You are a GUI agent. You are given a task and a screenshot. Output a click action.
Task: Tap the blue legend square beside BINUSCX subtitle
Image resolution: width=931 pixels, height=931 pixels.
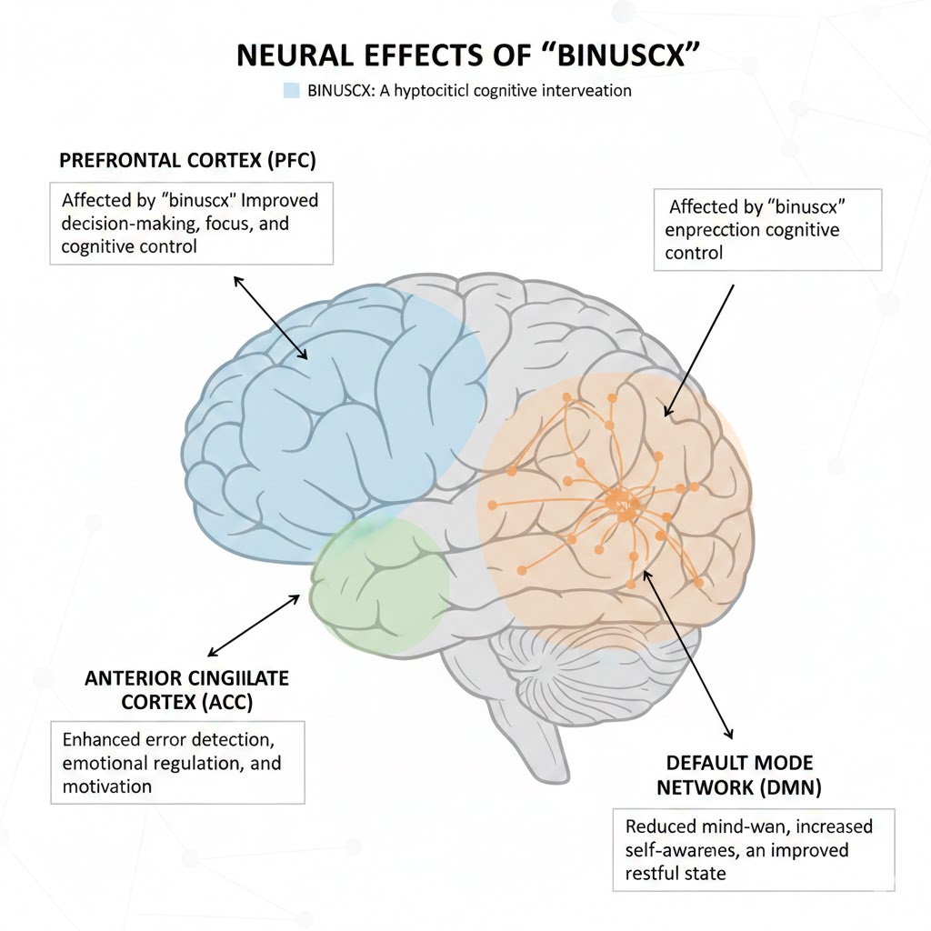pos(291,91)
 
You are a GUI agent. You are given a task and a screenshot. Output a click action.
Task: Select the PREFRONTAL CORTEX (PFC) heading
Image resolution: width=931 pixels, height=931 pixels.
pos(187,160)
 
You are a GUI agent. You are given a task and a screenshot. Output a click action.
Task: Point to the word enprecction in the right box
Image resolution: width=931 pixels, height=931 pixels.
pos(716,230)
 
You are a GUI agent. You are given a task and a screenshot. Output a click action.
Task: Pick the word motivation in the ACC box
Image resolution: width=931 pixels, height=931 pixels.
pos(107,786)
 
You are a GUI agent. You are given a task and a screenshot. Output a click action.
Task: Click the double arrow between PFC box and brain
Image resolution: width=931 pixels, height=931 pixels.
pos(271,317)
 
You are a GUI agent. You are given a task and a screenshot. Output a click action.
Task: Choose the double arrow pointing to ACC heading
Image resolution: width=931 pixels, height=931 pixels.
pos(255,626)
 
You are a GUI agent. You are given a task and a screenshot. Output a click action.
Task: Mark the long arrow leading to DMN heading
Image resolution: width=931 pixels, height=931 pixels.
pos(686,655)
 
